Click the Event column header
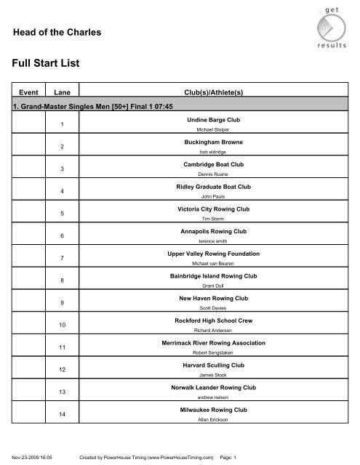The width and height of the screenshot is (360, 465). point(29,93)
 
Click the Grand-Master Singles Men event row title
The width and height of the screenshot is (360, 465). point(87,106)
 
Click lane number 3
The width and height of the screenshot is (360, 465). point(62,169)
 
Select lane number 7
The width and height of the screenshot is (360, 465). point(62,258)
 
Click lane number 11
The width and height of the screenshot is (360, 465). point(62,348)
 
